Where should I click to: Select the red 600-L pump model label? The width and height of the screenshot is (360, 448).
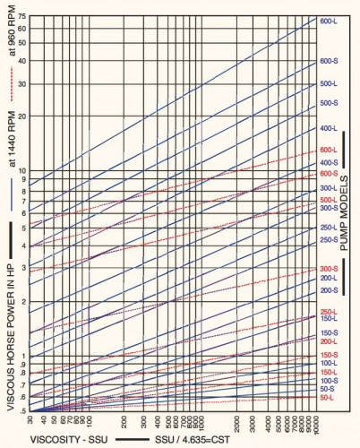(328, 151)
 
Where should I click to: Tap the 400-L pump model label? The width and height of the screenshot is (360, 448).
(328, 129)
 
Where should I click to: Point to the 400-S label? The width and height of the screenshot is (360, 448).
(328, 162)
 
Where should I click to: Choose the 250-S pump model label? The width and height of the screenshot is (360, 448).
(328, 239)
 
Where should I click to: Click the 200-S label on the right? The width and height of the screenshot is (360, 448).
(328, 290)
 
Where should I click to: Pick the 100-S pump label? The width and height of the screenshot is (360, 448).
(328, 381)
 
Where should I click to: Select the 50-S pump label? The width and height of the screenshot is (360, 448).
(328, 389)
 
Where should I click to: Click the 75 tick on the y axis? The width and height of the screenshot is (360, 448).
(21, 16)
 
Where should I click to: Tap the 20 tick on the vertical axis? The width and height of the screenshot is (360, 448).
(21, 116)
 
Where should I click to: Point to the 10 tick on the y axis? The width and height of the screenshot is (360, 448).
(21, 170)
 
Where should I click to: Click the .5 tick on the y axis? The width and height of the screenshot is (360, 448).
(21, 410)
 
